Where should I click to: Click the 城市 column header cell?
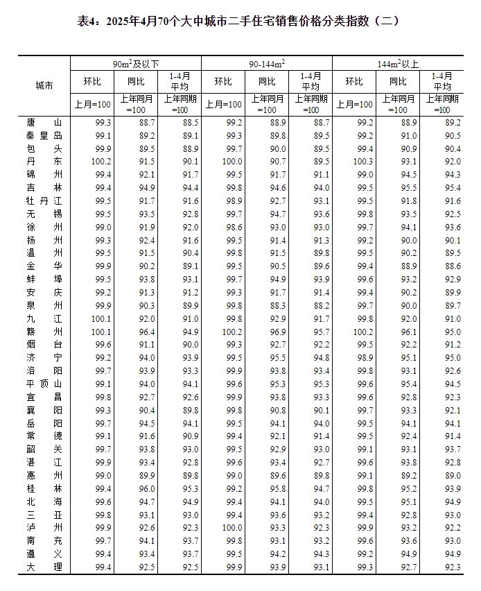point(44,85)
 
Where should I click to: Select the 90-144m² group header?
point(267,64)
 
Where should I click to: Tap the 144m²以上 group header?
point(398,64)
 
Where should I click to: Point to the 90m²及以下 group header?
point(136,64)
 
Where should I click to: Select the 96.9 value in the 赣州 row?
point(277,332)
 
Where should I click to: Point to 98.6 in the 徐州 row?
point(234,227)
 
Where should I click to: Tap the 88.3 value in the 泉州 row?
point(277,305)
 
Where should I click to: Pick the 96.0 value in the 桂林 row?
point(147,488)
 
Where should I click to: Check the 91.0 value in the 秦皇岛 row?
point(408,135)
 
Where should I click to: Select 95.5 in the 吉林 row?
point(408,188)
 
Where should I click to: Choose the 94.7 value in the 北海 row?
point(147,502)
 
